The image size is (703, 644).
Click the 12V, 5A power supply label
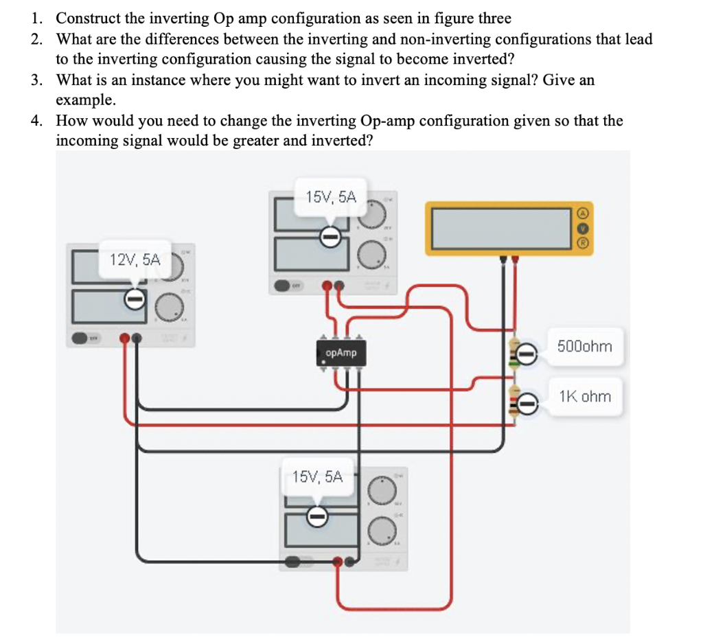pyautogui.click(x=135, y=260)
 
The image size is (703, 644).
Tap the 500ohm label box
pyautogui.click(x=584, y=346)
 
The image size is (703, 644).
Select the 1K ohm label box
pyautogui.click(x=584, y=396)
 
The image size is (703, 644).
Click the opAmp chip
pyautogui.click(x=341, y=353)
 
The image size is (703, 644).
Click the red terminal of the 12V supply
pyautogui.click(x=125, y=338)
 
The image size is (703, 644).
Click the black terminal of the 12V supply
pyautogui.click(x=137, y=338)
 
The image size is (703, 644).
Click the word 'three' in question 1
pyautogui.click(x=492, y=19)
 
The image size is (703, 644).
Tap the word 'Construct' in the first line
pyautogui.click(x=88, y=19)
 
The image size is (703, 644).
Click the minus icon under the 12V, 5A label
pyautogui.click(x=133, y=299)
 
